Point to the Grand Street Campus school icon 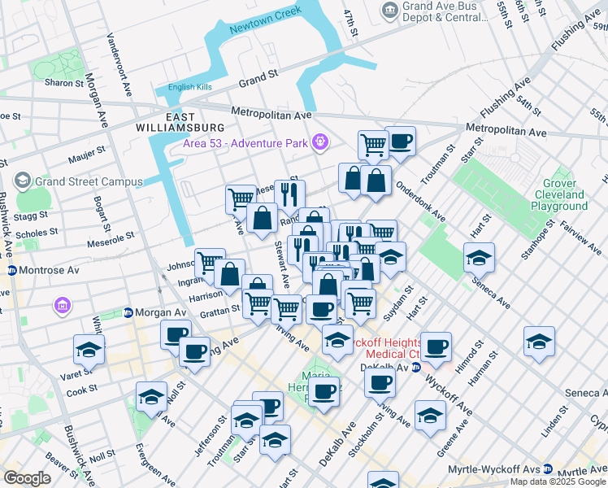coord(22,181)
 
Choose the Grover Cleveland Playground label coord(559,195)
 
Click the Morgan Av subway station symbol coord(128,312)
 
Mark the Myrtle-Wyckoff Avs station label coord(496,470)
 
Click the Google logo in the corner coord(28,478)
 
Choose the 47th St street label coord(350,23)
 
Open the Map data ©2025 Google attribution coord(558,481)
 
